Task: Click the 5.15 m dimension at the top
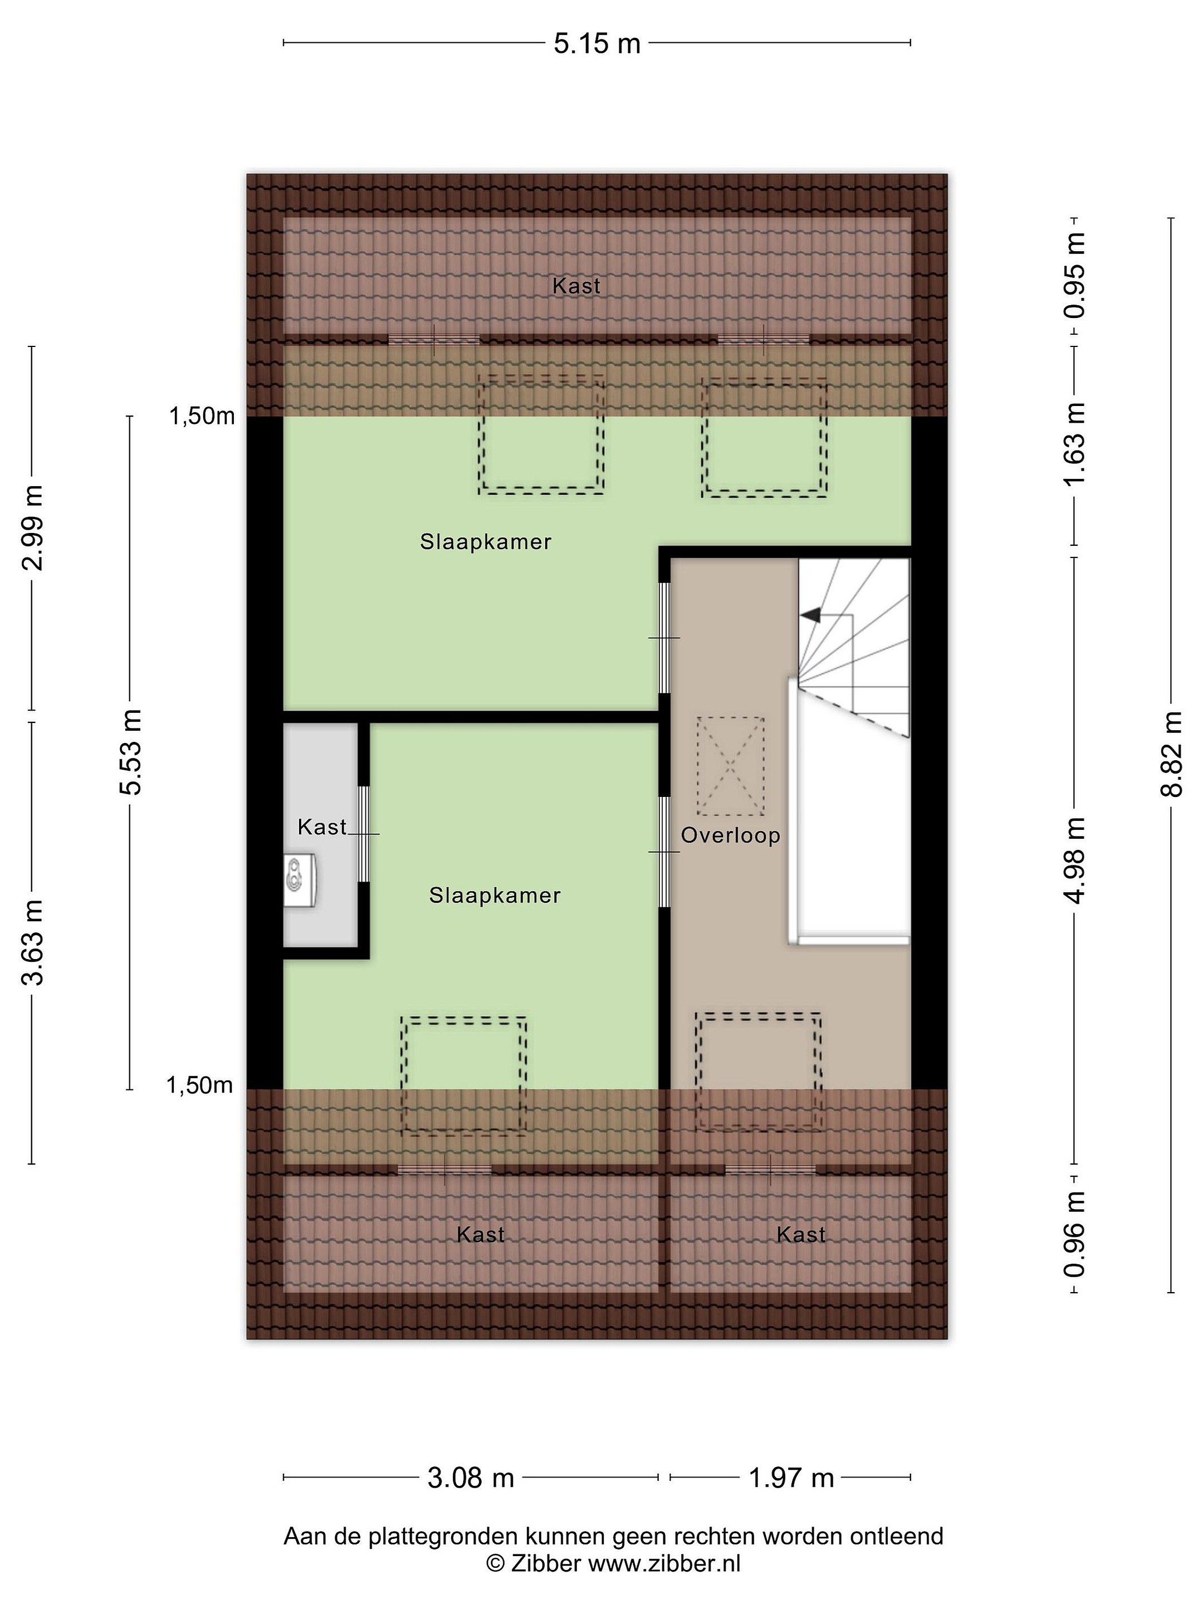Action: [597, 44]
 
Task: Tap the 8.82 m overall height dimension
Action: [1170, 754]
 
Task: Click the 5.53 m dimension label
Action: [130, 751]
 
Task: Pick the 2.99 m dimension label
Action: [32, 527]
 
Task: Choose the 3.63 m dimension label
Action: [32, 941]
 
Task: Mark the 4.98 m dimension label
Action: [1075, 860]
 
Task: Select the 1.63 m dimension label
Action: [1075, 444]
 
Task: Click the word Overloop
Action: [731, 835]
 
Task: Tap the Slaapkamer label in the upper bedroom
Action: [486, 542]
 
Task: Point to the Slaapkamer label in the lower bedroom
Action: [495, 896]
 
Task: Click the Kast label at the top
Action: [576, 286]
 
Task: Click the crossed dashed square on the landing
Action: [731, 766]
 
